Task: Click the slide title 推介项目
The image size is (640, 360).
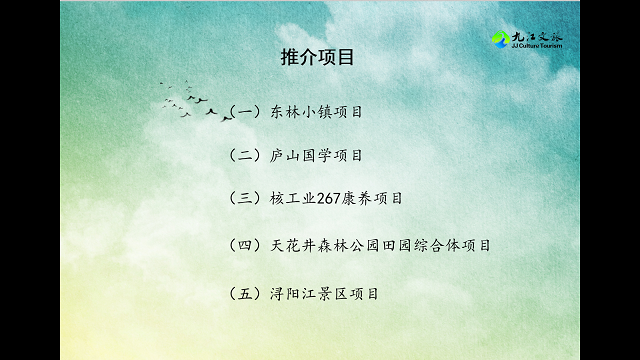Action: coord(318,58)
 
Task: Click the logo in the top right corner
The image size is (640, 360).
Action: coord(527,40)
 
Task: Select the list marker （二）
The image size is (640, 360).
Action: coord(245,155)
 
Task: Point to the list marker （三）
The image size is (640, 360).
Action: coord(245,198)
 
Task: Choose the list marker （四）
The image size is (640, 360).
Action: coord(245,245)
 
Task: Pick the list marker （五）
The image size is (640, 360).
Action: coord(245,294)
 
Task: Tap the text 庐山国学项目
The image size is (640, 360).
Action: coord(316,155)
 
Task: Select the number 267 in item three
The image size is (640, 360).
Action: coord(330,198)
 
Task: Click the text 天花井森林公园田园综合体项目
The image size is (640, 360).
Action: coord(381,245)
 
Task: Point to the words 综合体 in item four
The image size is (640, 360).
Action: coord(440,245)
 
